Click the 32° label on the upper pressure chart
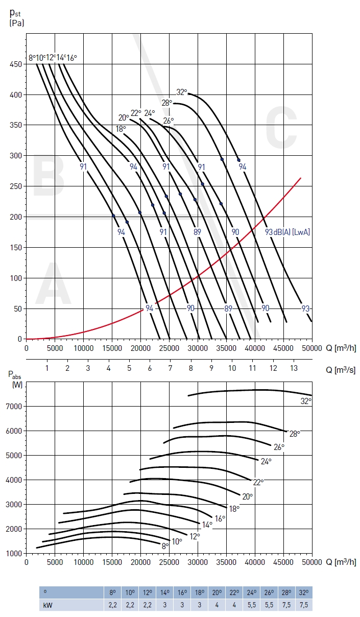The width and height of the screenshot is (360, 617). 182,92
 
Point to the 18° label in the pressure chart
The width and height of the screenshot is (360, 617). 121,129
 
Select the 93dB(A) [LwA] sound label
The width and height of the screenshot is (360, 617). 287,232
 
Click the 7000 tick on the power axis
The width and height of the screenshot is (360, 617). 15,406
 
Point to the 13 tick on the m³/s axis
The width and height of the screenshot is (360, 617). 293,368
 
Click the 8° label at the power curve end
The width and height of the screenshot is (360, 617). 165,546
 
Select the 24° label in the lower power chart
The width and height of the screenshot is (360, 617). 266,461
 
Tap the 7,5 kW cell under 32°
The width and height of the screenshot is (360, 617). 304,605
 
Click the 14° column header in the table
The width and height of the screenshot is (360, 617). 165,592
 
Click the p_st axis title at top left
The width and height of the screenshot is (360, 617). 16,18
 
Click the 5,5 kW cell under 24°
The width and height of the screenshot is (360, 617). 252,605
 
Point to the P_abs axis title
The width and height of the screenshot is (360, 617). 16,377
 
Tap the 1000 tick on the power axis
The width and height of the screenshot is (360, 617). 15,553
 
